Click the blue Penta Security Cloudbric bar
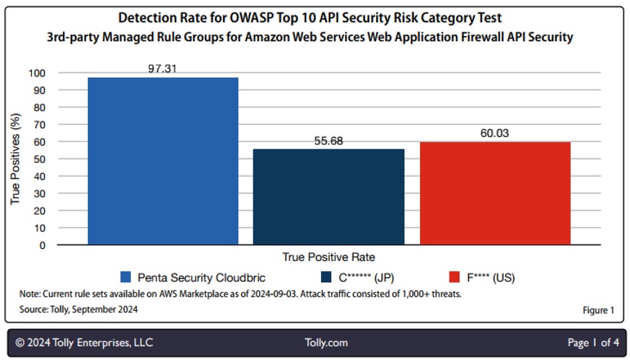[x=162, y=161]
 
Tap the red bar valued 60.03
[x=495, y=193]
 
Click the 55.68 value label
[x=328, y=141]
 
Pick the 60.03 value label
[x=495, y=133]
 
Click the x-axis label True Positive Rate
[x=328, y=257]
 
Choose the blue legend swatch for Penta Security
[x=126, y=277]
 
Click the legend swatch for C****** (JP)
[x=325, y=277]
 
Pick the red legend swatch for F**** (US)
[x=455, y=277]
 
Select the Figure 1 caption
[x=598, y=310]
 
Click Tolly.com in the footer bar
[x=326, y=343]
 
